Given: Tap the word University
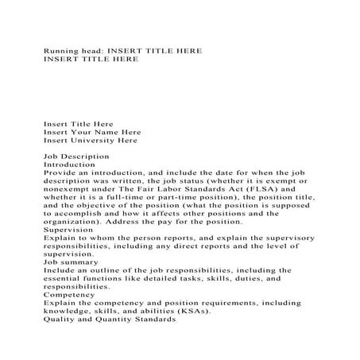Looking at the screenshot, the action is (x=101, y=141).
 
